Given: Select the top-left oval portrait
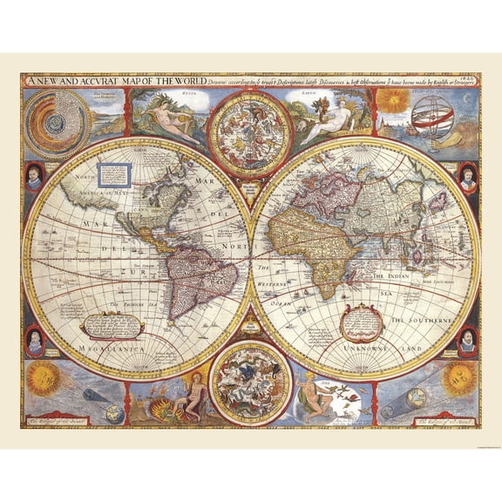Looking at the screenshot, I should click(34, 177).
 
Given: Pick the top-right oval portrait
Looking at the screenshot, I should click(467, 177).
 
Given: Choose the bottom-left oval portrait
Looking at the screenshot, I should click(34, 339).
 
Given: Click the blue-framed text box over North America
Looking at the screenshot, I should click(112, 173).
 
